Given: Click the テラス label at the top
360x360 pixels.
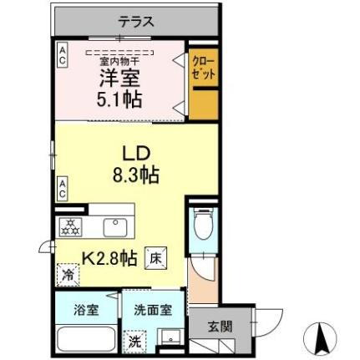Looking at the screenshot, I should point(136,22).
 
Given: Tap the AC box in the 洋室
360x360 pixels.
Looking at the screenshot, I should point(62,56).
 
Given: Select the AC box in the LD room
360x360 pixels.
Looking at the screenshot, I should point(62,188).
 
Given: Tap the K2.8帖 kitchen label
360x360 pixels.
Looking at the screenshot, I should point(109,258).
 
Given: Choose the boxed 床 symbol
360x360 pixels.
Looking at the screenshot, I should point(155,258).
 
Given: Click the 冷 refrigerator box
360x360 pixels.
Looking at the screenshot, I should point(67,274).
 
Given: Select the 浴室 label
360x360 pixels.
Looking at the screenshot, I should point(86,309).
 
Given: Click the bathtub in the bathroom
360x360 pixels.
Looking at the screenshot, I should point(86,339).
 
